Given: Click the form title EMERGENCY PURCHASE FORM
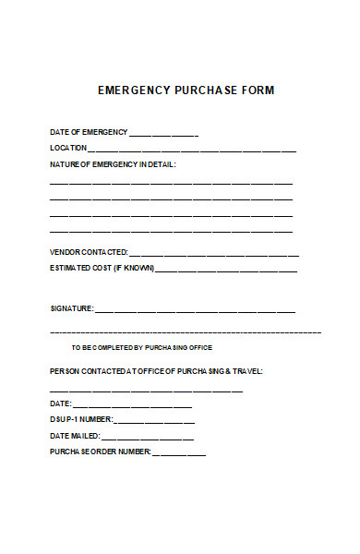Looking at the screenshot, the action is click(186, 90).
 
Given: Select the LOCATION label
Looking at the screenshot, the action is click(68, 148).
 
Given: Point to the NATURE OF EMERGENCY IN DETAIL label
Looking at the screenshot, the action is click(112, 163).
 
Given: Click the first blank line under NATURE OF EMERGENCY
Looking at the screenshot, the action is click(171, 183).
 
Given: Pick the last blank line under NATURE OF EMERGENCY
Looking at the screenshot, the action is click(171, 231).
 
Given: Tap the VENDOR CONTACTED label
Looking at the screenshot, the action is click(89, 253).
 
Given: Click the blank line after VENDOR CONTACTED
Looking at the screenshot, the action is click(214, 255).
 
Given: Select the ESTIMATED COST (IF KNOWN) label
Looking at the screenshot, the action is click(102, 269).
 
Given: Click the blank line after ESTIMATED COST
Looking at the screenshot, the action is click(226, 271).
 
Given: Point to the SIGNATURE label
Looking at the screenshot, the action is click(71, 308).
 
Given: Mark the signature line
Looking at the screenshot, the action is click(195, 311).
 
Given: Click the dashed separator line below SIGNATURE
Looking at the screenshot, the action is click(185, 331).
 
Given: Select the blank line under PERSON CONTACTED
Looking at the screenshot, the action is click(146, 391).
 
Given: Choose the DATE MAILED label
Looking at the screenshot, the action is click(74, 436).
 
